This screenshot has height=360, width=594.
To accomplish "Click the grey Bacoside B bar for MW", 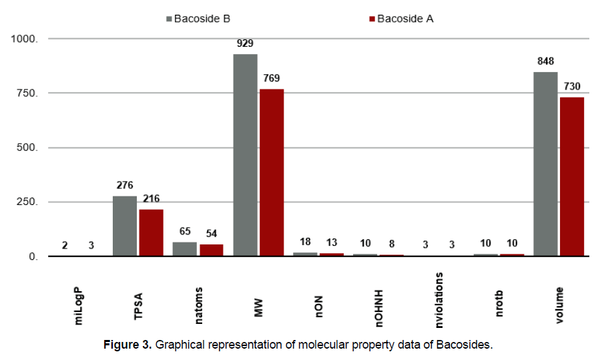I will click(245, 155).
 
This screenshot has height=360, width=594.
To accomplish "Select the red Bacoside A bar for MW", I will click(272, 172).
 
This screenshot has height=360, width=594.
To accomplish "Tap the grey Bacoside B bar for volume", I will click(545, 164).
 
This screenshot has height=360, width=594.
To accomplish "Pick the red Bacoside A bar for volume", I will click(572, 176).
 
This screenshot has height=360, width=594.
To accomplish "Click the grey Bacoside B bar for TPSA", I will click(125, 226).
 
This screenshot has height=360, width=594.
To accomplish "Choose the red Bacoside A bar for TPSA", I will click(151, 232).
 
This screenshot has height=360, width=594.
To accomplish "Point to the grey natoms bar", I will click(185, 249).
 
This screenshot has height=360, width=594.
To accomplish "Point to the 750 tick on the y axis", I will click(27, 94).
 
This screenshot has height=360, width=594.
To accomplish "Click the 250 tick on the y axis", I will click(27, 202).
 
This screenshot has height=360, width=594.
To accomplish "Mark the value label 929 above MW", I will click(245, 43).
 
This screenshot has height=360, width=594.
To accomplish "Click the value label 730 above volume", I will click(572, 86).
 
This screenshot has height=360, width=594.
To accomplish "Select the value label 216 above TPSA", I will click(151, 198).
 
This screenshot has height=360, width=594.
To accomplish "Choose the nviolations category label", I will click(438, 300).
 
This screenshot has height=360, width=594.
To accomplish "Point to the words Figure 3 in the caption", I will click(127, 345).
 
